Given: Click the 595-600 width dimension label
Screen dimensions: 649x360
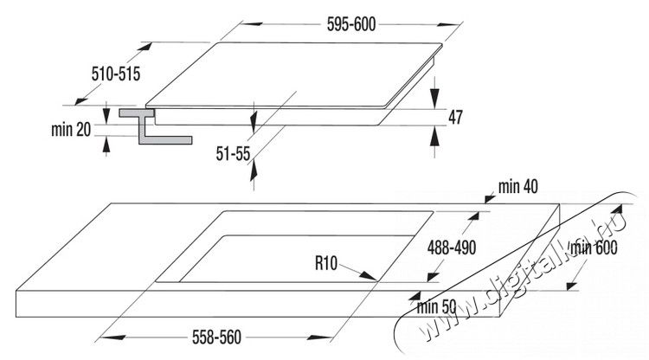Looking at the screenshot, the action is (x=351, y=24).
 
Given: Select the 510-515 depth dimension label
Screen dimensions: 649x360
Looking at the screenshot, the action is (x=116, y=74).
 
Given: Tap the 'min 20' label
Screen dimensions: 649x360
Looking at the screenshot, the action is (x=71, y=130).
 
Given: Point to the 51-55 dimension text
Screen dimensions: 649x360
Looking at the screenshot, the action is (x=233, y=154).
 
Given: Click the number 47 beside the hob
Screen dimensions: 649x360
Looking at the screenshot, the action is (x=455, y=118).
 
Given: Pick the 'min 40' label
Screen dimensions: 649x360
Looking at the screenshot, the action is (x=518, y=187).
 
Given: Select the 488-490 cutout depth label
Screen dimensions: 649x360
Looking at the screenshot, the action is (x=452, y=247).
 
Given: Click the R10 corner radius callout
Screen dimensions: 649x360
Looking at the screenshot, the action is (x=326, y=263).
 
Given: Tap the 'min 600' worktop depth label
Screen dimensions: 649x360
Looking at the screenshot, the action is (x=594, y=247).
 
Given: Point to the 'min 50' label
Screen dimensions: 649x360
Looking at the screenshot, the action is (x=436, y=307).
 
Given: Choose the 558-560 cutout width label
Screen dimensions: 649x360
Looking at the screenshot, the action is (x=216, y=337).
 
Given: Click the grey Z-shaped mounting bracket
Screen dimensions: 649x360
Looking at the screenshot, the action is (x=155, y=126).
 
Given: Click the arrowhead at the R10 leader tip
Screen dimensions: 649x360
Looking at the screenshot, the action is (x=368, y=276).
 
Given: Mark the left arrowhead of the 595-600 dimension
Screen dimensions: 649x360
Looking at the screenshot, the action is (x=251, y=24).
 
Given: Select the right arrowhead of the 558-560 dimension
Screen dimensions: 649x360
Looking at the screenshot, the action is (x=322, y=337).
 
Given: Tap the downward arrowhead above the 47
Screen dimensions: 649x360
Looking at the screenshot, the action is (x=434, y=100).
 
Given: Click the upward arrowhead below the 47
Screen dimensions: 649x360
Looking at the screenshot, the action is (x=434, y=136).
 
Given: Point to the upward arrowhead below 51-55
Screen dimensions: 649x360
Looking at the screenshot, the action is (x=254, y=170).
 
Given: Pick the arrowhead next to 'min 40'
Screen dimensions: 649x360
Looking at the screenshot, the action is (x=490, y=199).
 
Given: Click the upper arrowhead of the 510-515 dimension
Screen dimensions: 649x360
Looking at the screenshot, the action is (x=145, y=47).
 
